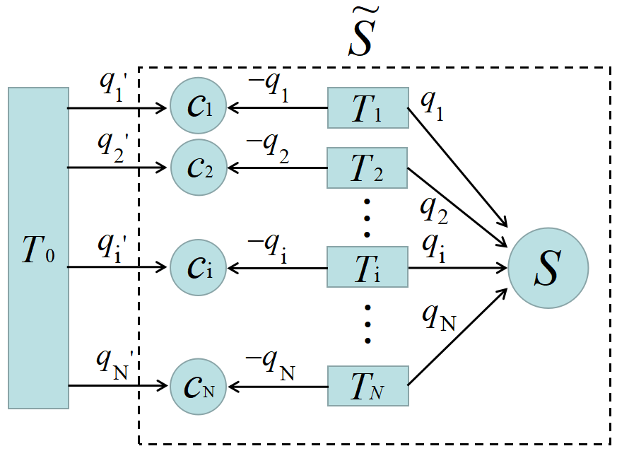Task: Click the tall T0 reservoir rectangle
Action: point(38,248)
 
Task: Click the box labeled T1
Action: point(368,108)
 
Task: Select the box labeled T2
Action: point(368,168)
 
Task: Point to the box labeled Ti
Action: point(368,267)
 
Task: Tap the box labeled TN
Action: point(368,386)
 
